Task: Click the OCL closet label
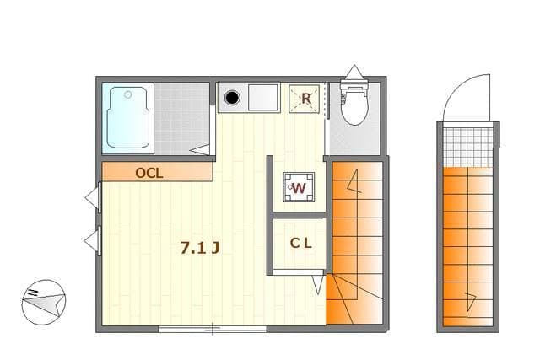pyautogui.click(x=149, y=173)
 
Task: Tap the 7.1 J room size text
pyautogui.click(x=200, y=248)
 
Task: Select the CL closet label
pyautogui.click(x=301, y=244)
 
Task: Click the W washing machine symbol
pyautogui.click(x=299, y=187)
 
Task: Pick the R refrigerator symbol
pyautogui.click(x=305, y=99)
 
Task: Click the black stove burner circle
pyautogui.click(x=233, y=98)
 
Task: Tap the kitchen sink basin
pyautogui.click(x=263, y=98)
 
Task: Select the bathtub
pyautogui.click(x=128, y=117)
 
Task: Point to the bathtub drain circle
pyautogui.click(x=127, y=94)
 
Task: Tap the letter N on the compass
pyautogui.click(x=33, y=293)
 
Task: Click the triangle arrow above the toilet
pyautogui.click(x=354, y=72)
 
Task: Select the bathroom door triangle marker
pyautogui.click(x=200, y=150)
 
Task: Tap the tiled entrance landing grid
pyautogui.click(x=468, y=147)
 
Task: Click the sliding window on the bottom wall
pyautogui.click(x=213, y=329)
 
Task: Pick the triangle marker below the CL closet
pyautogui.click(x=318, y=285)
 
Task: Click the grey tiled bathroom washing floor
pyautogui.click(x=182, y=118)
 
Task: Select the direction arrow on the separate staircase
pyautogui.click(x=471, y=301)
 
